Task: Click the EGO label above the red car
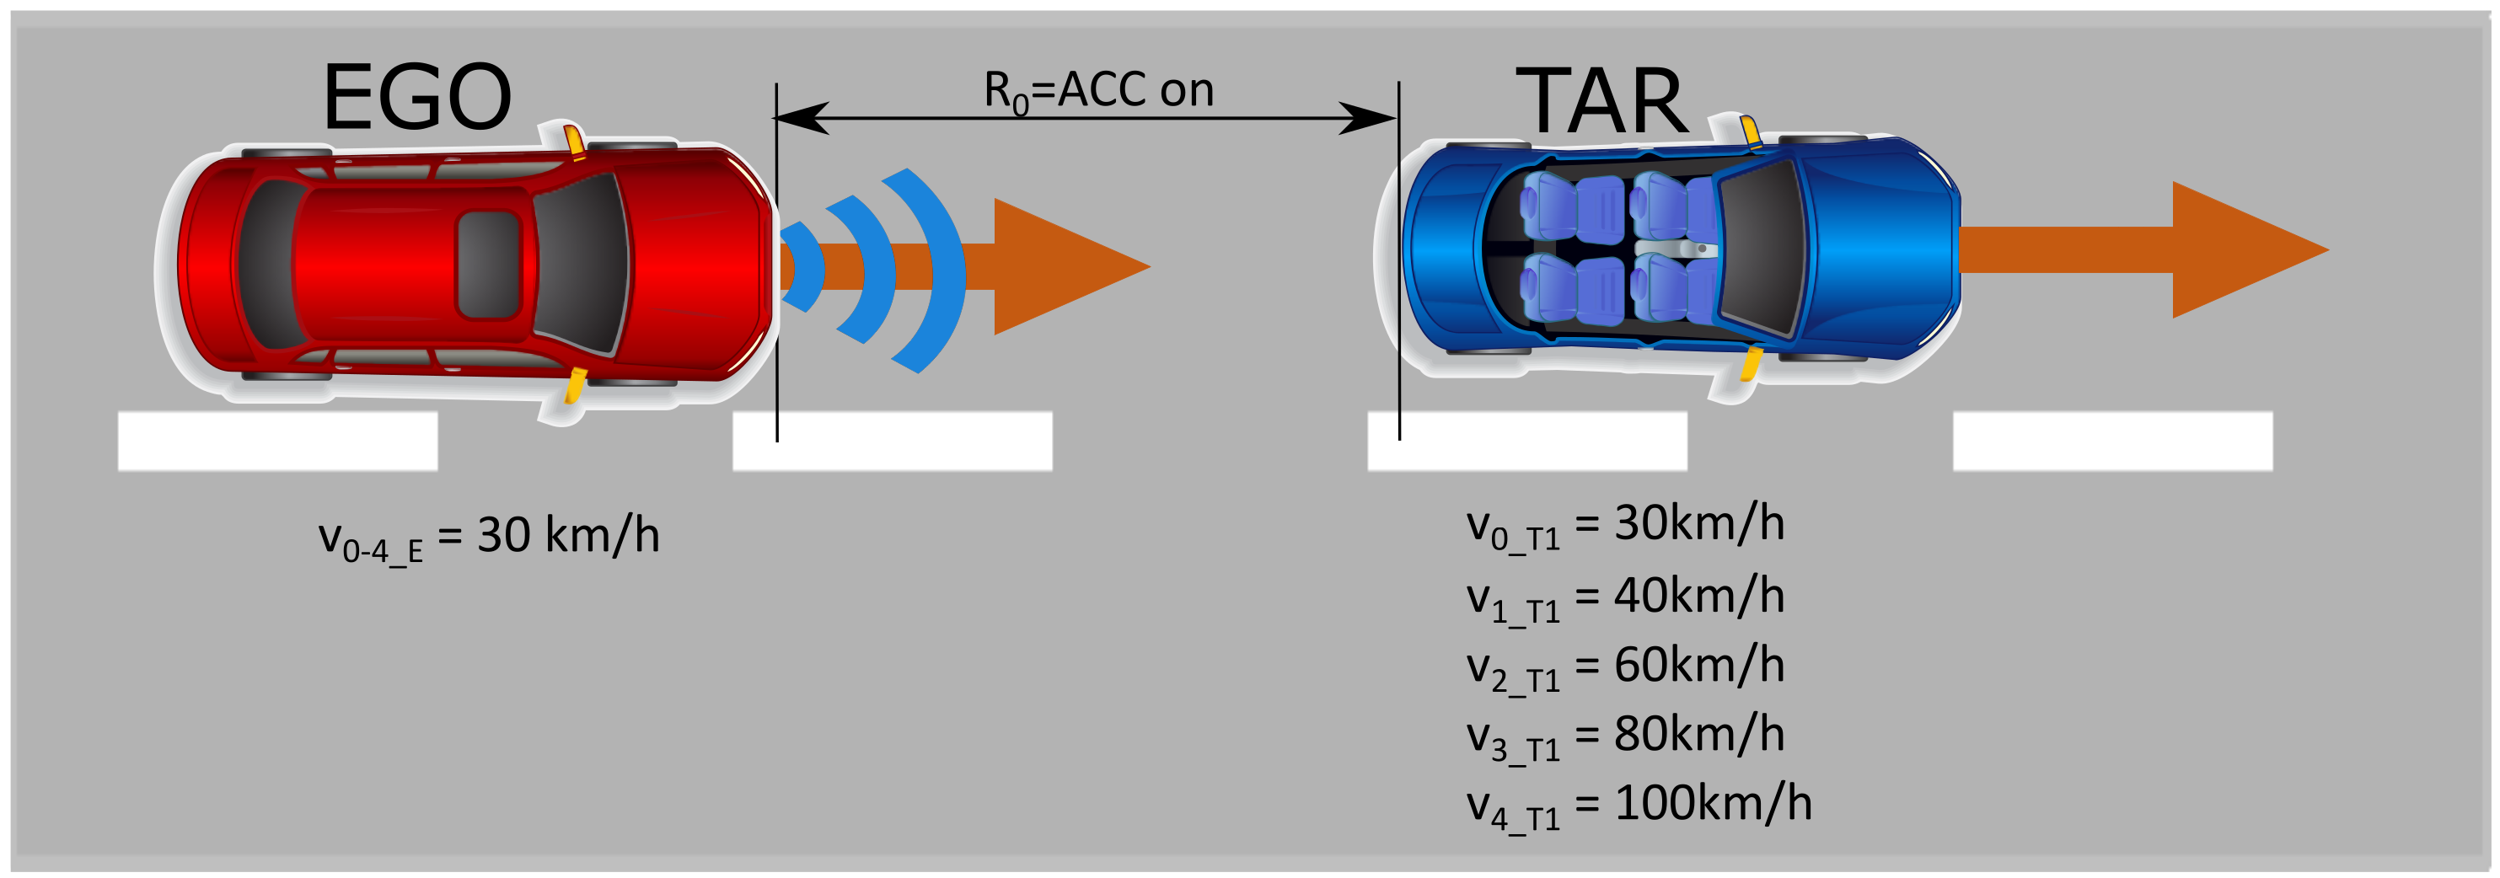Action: (x=416, y=97)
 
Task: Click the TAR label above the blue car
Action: (x=1601, y=101)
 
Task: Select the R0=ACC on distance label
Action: (x=1098, y=91)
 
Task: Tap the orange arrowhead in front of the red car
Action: (x=1058, y=267)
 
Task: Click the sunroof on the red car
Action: (x=488, y=264)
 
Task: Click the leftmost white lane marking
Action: (x=277, y=442)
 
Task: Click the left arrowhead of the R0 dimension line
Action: (x=800, y=118)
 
